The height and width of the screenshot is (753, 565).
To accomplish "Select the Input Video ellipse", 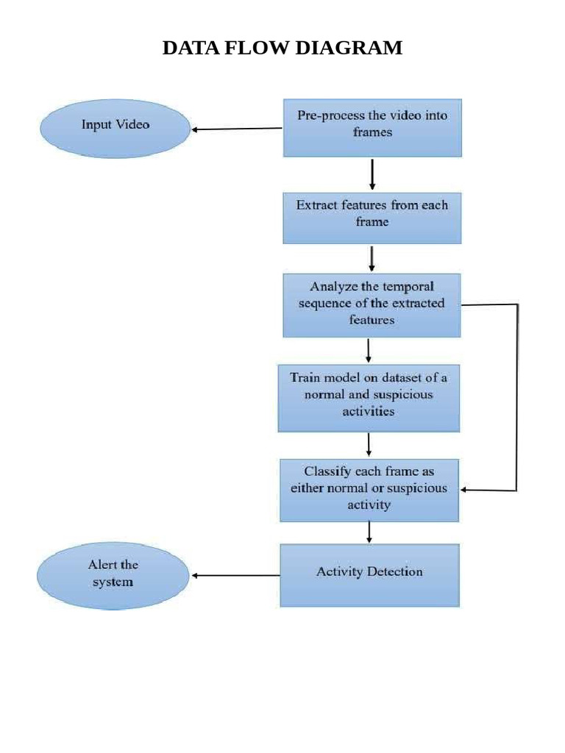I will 115,129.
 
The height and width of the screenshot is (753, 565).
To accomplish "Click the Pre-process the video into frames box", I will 372,128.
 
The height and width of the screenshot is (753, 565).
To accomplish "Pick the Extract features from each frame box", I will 372,218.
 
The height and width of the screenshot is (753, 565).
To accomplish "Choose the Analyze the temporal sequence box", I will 372,305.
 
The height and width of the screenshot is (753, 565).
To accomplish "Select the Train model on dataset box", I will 369,398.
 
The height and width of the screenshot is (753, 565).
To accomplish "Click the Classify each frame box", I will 369,489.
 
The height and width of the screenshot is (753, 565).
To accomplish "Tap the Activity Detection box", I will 369,575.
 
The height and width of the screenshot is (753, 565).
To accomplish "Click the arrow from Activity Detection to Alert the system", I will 235,575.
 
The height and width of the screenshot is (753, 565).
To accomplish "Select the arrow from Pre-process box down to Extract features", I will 372,174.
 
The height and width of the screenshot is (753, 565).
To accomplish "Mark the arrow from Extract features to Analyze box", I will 372,259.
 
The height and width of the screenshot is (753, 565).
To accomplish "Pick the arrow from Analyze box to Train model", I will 369,351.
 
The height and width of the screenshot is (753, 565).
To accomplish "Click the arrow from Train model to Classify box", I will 369,445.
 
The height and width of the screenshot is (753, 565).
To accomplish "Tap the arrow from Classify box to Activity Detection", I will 369,532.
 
